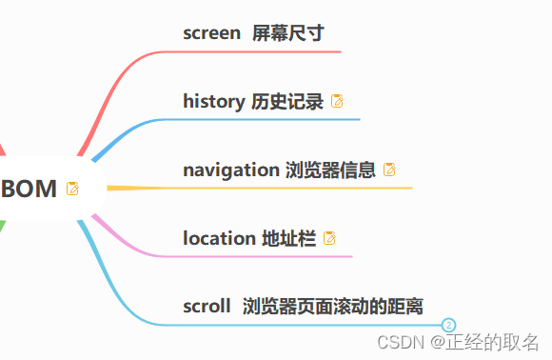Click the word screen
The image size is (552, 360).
pyautogui.click(x=211, y=33)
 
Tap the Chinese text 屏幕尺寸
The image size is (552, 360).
pyautogui.click(x=288, y=33)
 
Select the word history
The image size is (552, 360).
pyautogui.click(x=213, y=101)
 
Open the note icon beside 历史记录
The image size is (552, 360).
pyautogui.click(x=337, y=101)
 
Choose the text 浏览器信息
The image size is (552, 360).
pyautogui.click(x=330, y=170)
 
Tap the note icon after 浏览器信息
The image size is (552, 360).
pyautogui.click(x=389, y=170)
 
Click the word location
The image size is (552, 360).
pyautogui.click(x=218, y=238)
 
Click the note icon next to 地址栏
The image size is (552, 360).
pyautogui.click(x=330, y=238)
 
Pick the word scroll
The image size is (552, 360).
pyautogui.click(x=207, y=306)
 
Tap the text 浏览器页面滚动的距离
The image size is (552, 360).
pyautogui.click(x=333, y=306)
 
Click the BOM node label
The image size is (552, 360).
pyautogui.click(x=30, y=189)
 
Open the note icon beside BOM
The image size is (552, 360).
pyautogui.click(x=73, y=189)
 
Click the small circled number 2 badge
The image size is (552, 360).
pyautogui.click(x=450, y=326)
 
